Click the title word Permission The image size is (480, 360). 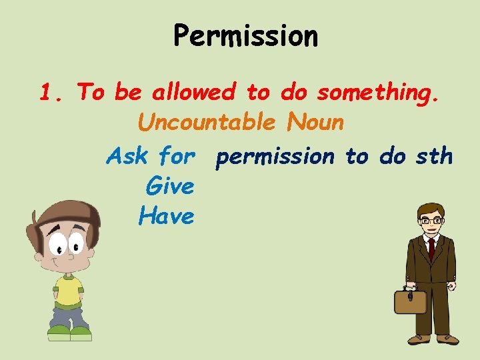click(245, 37)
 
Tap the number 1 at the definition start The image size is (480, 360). click(45, 92)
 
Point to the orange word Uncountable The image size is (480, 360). click(206, 123)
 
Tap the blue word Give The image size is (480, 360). click(169, 186)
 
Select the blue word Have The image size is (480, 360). click(167, 215)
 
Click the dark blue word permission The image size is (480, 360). click(275, 157)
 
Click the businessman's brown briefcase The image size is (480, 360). click(409, 301)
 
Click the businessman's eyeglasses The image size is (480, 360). click(430, 220)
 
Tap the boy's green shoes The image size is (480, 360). click(69, 331)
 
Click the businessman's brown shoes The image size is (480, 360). click(433, 339)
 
